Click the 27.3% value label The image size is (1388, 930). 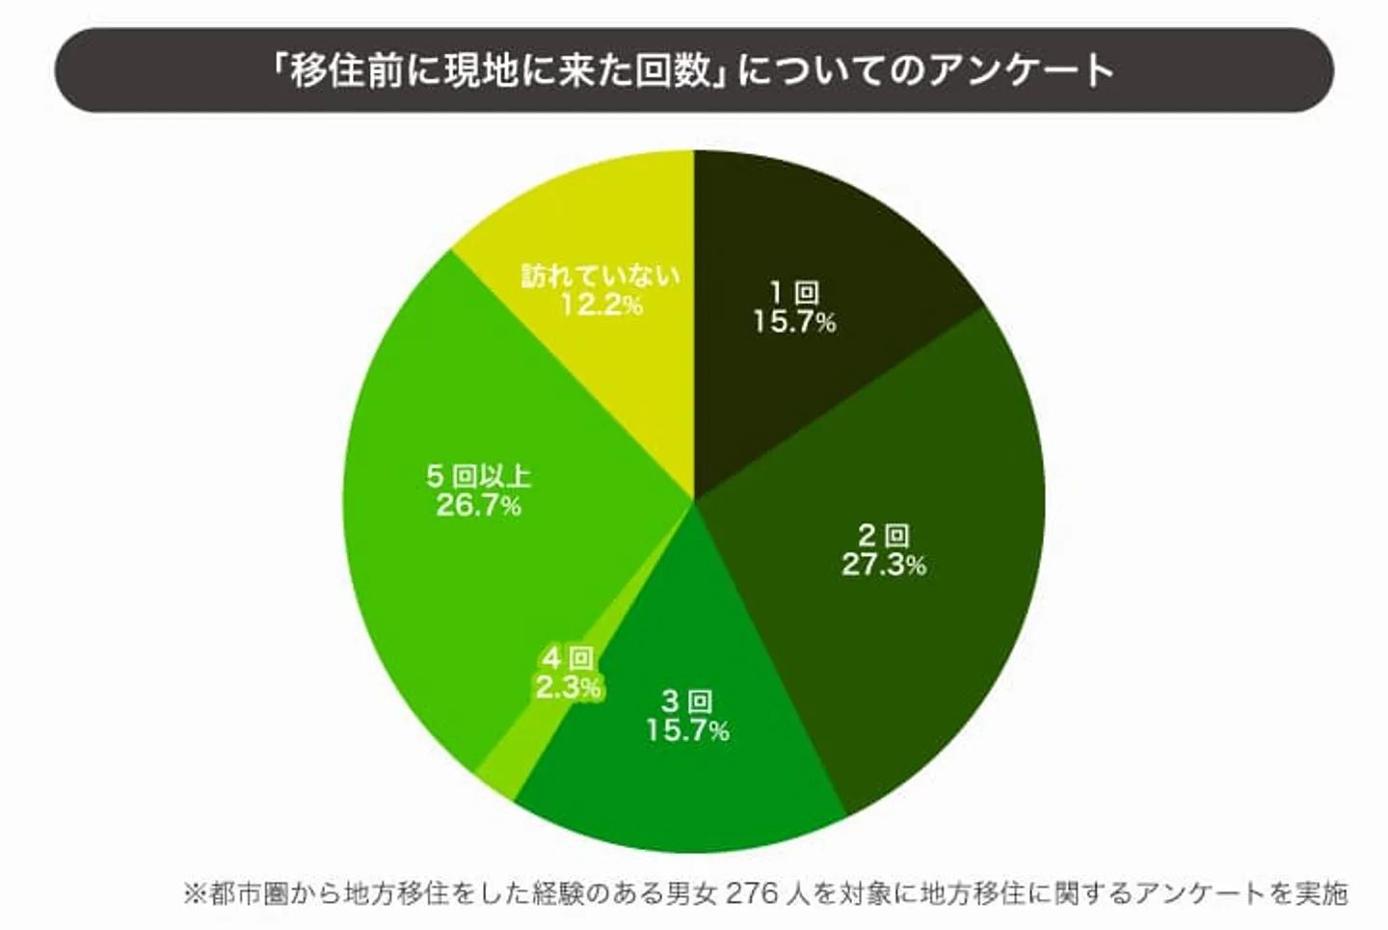883,565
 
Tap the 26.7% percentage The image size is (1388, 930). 478,505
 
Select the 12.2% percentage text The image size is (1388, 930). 601,306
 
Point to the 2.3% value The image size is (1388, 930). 569,687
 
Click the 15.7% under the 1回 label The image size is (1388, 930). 794,322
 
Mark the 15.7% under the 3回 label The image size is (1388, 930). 687,731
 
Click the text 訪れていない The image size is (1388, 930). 601,277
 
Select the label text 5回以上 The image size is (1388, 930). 479,476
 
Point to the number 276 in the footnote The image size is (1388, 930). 751,893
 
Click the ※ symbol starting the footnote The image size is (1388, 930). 195,893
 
